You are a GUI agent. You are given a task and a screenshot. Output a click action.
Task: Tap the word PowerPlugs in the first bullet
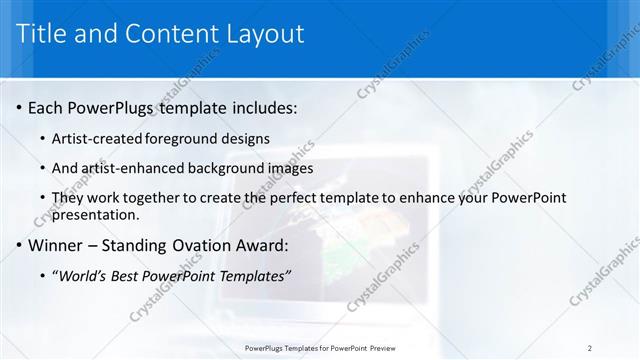[111, 107]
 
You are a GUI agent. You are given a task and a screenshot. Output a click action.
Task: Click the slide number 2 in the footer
[590, 348]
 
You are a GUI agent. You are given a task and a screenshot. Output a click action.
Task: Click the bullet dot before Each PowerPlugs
[19, 107]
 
